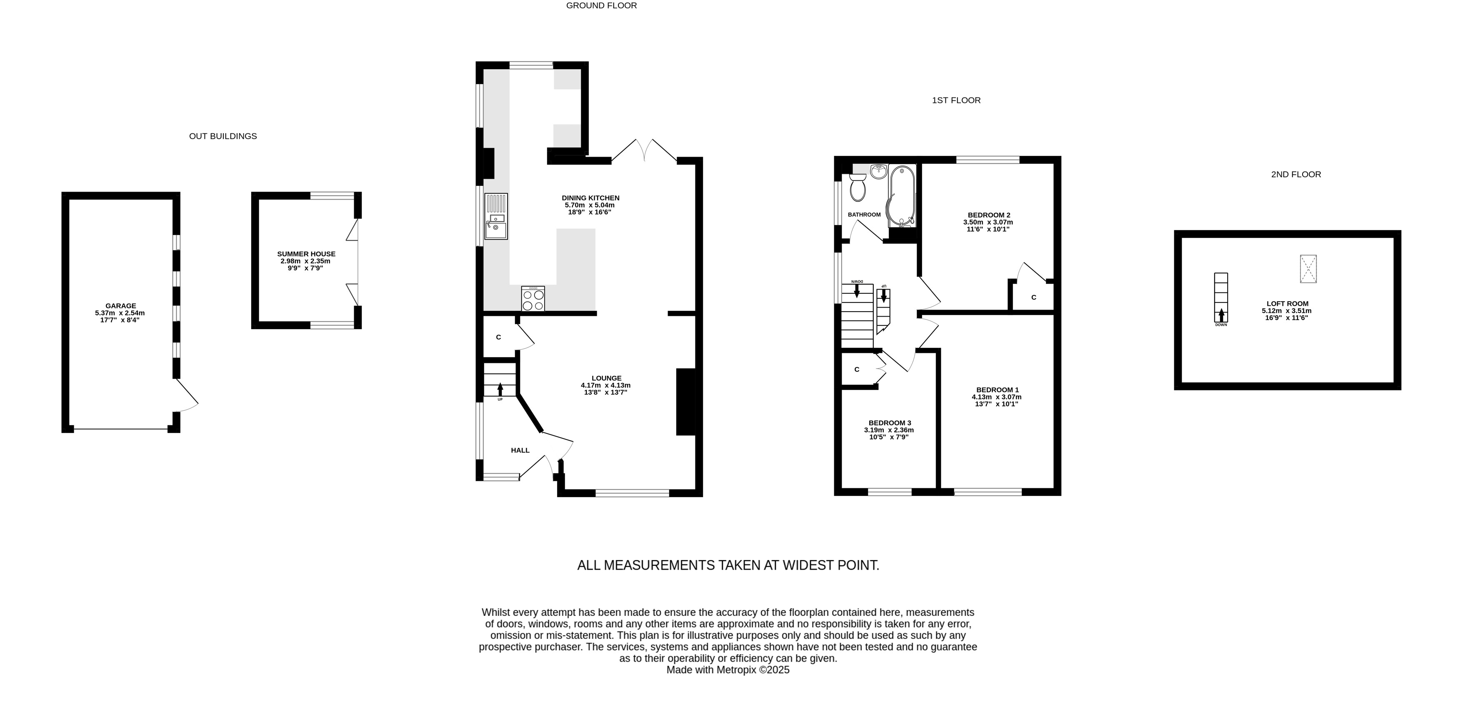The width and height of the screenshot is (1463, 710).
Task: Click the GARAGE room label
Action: [x=120, y=305]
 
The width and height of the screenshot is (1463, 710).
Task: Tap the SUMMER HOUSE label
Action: [x=306, y=254]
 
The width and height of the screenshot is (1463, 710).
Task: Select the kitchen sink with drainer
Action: [x=496, y=216]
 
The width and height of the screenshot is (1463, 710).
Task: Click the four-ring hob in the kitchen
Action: [x=533, y=298]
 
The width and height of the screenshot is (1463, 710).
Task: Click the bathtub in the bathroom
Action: [x=901, y=196]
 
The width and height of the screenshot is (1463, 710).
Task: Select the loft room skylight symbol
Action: [x=1308, y=269]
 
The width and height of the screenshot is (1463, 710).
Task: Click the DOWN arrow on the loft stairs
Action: [x=1221, y=315]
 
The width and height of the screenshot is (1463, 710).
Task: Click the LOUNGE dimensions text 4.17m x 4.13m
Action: [x=605, y=385]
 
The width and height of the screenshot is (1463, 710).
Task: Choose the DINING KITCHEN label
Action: [x=590, y=197]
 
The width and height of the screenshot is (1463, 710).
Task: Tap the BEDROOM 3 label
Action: [x=890, y=422]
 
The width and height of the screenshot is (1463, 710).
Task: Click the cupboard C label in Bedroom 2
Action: [x=1034, y=297]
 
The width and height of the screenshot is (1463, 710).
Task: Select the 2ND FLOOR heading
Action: [x=1296, y=175]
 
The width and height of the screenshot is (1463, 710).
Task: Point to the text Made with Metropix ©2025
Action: [x=728, y=670]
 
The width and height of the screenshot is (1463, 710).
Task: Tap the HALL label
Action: [x=520, y=450]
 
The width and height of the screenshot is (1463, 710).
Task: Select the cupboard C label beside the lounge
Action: [x=499, y=337]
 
